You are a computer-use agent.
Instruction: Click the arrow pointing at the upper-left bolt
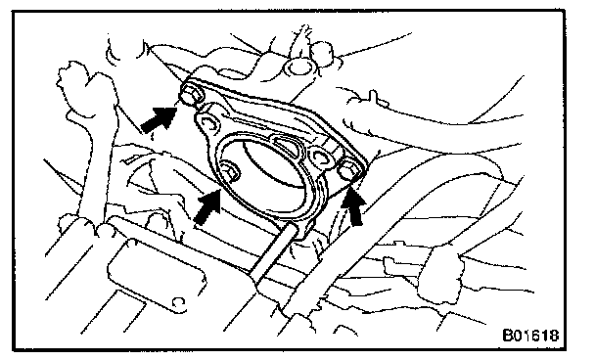coord(159,118)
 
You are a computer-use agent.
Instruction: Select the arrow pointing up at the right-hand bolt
coord(353,206)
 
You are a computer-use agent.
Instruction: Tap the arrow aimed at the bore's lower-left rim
coord(207,206)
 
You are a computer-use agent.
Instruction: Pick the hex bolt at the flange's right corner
coord(348,169)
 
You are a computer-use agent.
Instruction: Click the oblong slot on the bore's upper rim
coord(288,146)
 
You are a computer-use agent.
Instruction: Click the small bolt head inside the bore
coord(231,170)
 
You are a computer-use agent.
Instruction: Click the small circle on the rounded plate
coord(177,302)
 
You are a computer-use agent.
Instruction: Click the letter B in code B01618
coord(508,336)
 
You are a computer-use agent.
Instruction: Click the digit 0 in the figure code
coord(519,336)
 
